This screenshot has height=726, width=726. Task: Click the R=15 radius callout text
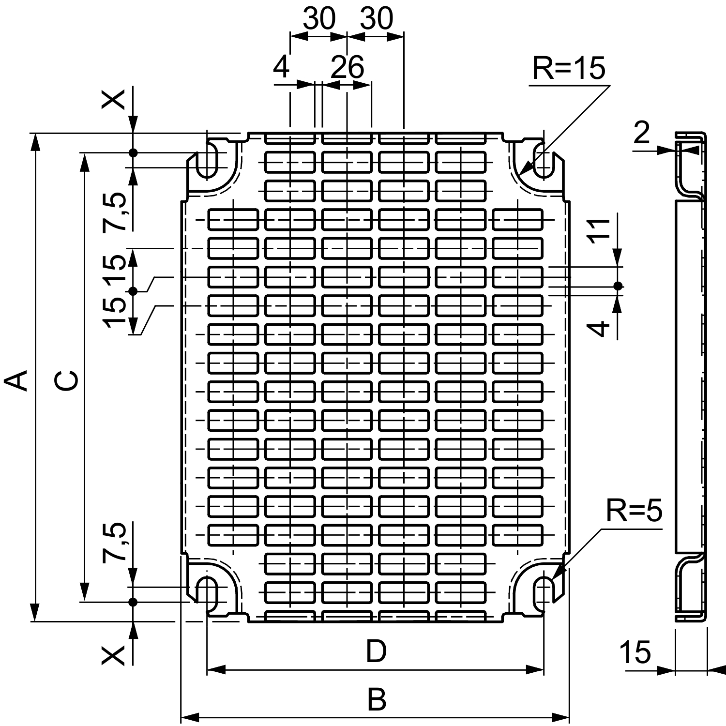[x=568, y=68]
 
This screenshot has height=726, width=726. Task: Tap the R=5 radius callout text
[x=634, y=511]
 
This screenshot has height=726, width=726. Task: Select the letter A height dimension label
[x=16, y=380]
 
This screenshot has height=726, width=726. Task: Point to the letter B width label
[x=376, y=700]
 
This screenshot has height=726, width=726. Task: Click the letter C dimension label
[x=65, y=380]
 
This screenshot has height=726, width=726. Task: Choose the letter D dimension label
[x=376, y=651]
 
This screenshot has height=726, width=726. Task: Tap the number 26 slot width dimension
[x=347, y=68]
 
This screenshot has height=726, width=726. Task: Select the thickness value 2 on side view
[x=641, y=133]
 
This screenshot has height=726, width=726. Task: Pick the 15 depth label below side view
[x=635, y=652]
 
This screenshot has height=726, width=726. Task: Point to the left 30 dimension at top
[x=319, y=19]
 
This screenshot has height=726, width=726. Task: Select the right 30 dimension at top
[x=377, y=19]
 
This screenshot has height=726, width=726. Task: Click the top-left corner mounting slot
[x=207, y=160]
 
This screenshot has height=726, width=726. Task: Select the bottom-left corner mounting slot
[x=207, y=593]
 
